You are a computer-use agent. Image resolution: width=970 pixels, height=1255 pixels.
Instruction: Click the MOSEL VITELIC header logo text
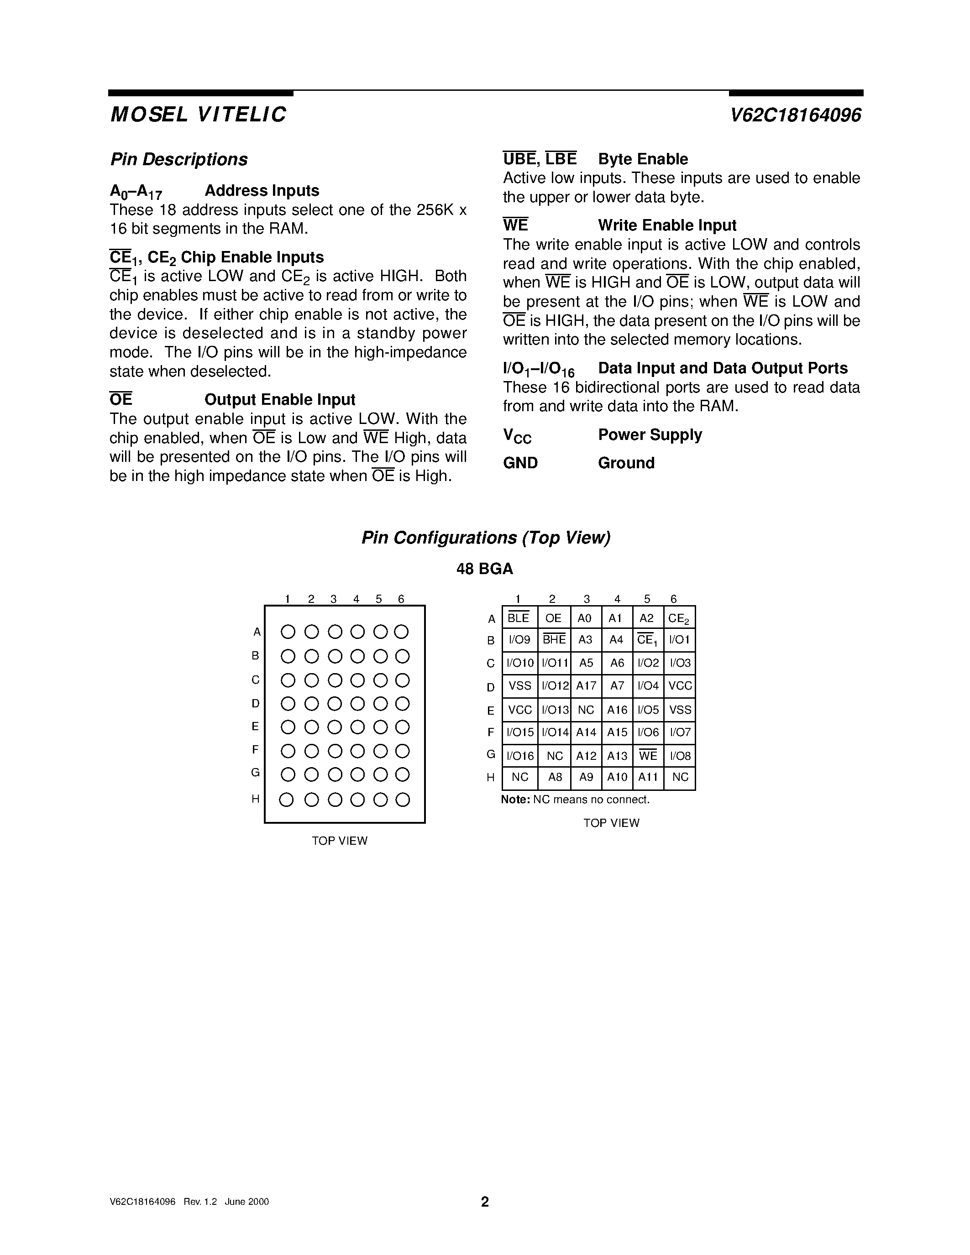(198, 115)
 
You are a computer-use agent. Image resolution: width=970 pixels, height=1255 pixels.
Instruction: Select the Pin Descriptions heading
(179, 159)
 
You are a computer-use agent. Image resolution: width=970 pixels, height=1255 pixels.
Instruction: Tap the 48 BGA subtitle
(484, 569)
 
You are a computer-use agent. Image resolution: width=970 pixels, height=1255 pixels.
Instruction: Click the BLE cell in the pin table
(519, 618)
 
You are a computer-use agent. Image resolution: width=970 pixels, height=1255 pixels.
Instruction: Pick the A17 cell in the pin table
(586, 685)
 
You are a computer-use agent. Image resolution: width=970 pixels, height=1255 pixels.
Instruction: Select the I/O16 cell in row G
(520, 756)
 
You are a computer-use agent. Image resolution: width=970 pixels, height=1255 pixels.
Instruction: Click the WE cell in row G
(648, 756)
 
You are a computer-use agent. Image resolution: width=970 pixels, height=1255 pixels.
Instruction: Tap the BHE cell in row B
(554, 639)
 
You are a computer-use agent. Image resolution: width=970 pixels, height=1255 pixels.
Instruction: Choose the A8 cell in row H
(555, 778)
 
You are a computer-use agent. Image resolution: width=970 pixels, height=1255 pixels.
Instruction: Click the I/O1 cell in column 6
(679, 639)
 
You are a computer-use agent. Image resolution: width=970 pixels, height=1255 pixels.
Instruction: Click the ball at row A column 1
(288, 632)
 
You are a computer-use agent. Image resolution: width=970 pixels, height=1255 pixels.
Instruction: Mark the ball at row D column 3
(335, 704)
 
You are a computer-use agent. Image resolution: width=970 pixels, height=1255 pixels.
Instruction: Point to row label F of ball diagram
(255, 749)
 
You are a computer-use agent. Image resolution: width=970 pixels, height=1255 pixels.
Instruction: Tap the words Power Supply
(650, 435)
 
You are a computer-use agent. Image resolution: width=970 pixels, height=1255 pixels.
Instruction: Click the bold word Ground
(626, 463)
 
